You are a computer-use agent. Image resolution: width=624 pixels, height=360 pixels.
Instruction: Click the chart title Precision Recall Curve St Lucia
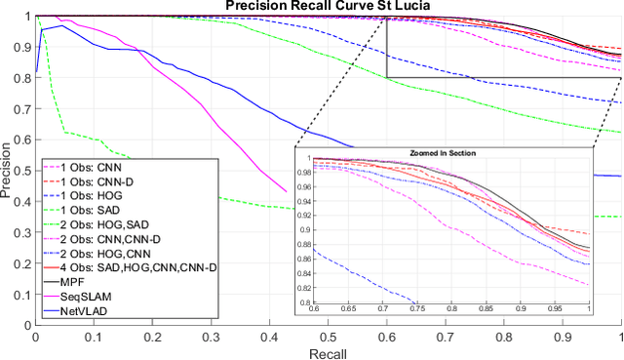[329, 7]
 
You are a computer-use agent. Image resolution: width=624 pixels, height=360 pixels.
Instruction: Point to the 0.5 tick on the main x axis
[329, 335]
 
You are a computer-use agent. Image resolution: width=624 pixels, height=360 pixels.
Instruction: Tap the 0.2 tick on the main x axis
[152, 335]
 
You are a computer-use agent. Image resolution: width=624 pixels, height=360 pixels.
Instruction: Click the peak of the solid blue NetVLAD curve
[62, 26]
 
